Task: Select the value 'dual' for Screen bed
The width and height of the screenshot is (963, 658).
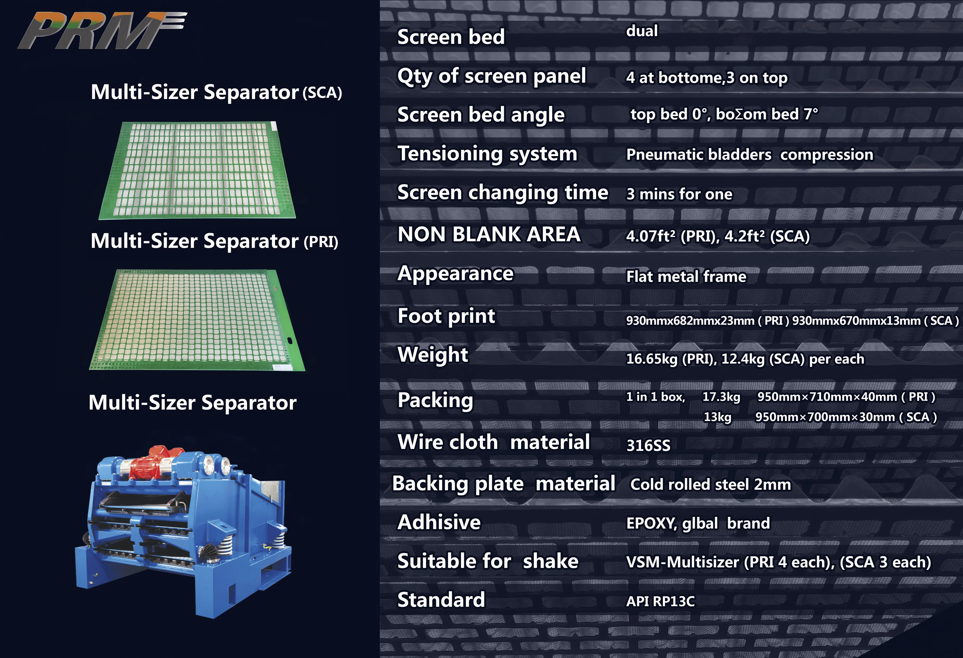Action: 641,31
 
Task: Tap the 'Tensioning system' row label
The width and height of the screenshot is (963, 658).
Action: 487,154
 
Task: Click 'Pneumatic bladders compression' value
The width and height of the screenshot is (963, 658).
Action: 749,155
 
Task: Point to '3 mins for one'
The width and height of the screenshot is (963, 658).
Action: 679,194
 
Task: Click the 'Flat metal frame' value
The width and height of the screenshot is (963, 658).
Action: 686,276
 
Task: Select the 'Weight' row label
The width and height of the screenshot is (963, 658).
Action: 433,355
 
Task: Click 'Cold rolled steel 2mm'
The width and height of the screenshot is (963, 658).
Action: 710,484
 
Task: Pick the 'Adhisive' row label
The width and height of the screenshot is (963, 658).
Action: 439,522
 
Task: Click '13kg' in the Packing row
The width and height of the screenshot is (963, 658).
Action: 717,417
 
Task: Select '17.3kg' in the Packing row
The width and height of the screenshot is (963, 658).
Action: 721,397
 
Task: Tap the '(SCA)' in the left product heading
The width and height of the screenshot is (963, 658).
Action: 322,92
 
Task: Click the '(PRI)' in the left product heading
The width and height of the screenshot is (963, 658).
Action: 321,242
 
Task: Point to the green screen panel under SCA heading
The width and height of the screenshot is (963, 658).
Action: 197,170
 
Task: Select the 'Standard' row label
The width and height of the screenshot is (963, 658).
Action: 441,599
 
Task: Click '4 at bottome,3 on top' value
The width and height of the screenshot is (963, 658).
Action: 707,78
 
